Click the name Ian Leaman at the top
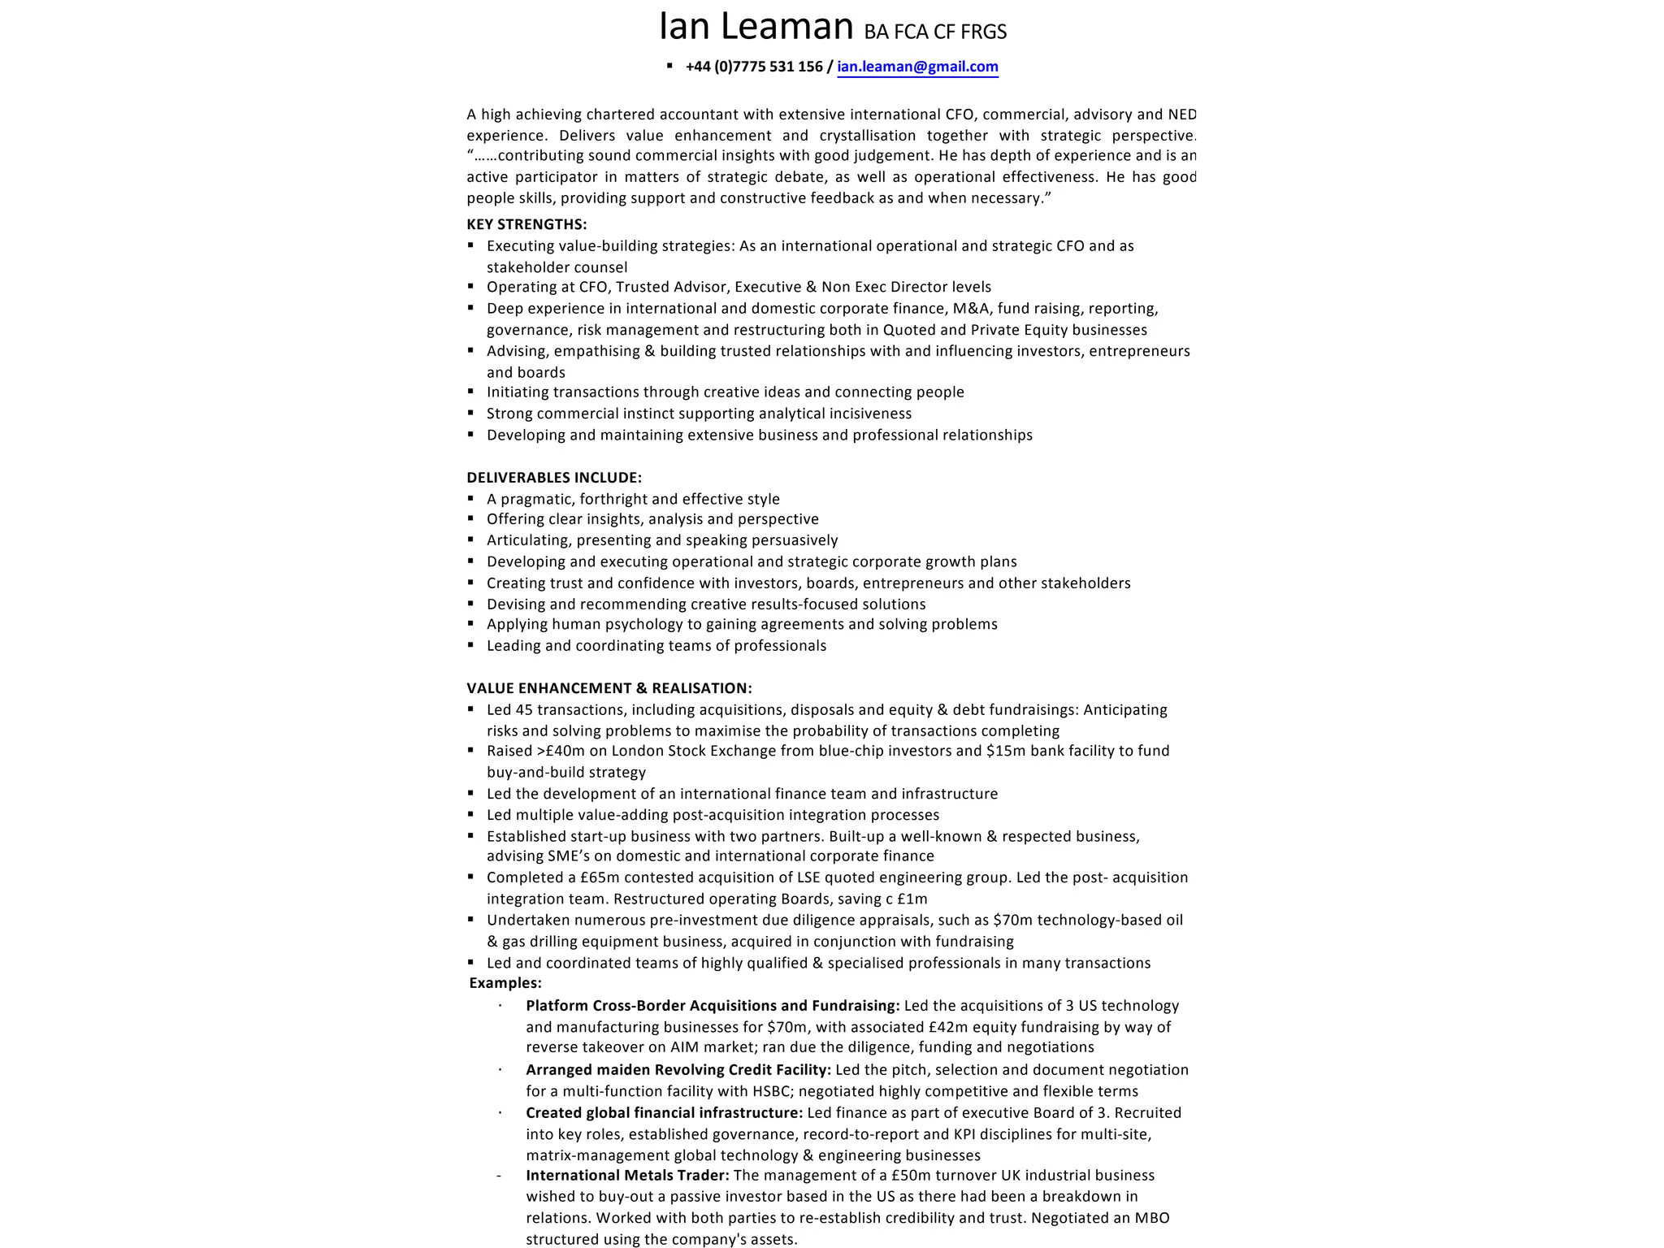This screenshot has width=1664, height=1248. click(755, 27)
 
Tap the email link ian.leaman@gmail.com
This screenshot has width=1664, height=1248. click(917, 67)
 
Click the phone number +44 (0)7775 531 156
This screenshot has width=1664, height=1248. click(754, 67)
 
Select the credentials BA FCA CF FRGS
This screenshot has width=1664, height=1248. click(934, 32)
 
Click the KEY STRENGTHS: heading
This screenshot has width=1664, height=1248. click(526, 224)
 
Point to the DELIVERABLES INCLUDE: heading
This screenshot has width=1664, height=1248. click(554, 478)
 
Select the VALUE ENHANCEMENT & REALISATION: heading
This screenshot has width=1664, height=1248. click(609, 688)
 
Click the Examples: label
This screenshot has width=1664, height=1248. click(505, 983)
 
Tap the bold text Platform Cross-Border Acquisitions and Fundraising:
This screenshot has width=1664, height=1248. click(713, 1006)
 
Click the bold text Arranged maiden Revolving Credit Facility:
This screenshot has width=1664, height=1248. click(678, 1070)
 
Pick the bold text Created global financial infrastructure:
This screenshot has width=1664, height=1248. click(664, 1113)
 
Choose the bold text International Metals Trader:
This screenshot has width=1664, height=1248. click(627, 1176)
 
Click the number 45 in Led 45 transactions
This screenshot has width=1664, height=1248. click(524, 710)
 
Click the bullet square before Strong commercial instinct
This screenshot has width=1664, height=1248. click(471, 414)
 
